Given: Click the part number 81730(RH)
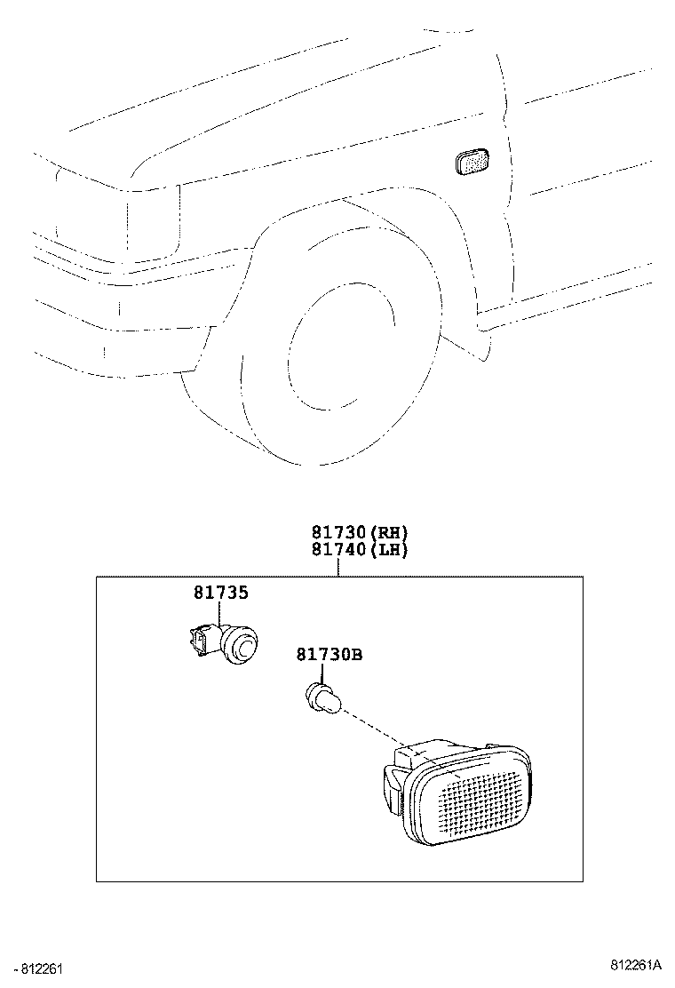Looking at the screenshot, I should [x=359, y=533].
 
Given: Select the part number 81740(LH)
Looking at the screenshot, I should [x=359, y=550].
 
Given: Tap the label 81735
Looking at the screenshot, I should [x=221, y=593].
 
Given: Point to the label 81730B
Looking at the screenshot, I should [x=329, y=655].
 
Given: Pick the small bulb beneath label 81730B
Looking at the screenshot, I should [x=322, y=697].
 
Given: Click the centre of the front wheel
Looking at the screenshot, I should [x=342, y=342].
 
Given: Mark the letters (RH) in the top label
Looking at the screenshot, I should [x=388, y=533].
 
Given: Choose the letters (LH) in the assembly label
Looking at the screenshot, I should [x=388, y=550].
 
